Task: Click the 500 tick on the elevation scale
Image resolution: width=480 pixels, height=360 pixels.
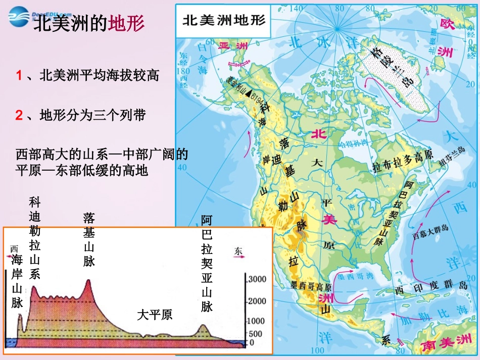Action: pos(255,334)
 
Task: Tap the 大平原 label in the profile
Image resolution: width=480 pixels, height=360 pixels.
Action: pos(155,315)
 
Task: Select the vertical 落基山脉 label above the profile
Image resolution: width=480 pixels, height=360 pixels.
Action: pos(89,240)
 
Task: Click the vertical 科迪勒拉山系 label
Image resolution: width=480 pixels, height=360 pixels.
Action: pos(35,238)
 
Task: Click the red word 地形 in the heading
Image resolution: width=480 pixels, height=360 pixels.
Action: pos(126,24)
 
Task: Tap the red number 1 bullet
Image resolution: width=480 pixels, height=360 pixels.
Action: pos(19,76)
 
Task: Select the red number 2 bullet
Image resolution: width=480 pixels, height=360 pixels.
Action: pos(19,116)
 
